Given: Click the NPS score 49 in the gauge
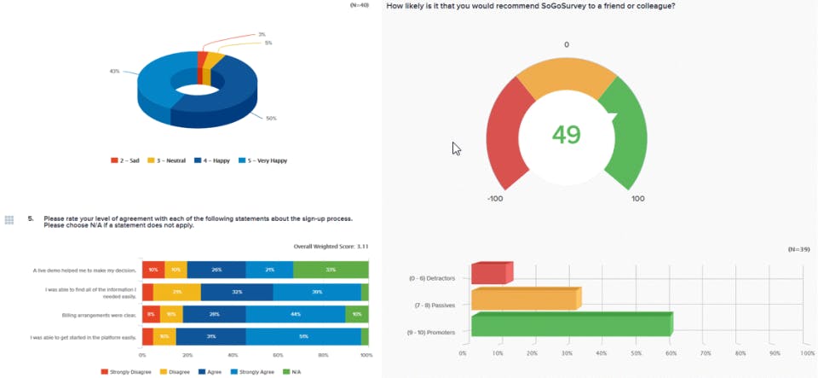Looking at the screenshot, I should tap(566, 135).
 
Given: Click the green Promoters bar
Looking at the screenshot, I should tap(571, 325).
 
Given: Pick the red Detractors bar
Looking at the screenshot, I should tap(491, 273).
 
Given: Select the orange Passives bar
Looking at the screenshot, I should tap(525, 299).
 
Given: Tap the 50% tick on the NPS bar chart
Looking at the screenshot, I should tap(635, 352).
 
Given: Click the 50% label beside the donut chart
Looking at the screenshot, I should tap(271, 119).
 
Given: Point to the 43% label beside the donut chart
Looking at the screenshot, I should tap(114, 72).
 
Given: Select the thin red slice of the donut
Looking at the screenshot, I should tap(202, 60).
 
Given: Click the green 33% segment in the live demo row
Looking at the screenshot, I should tap(331, 270).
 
